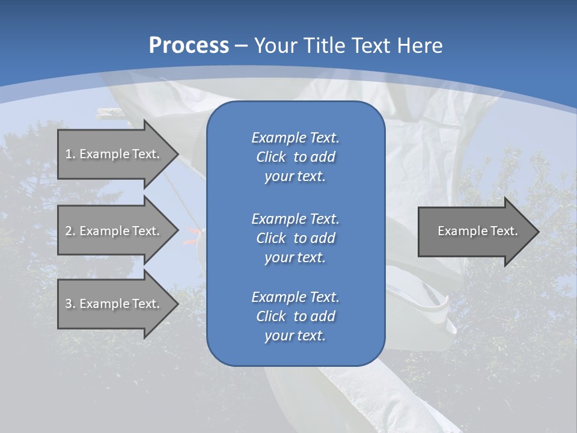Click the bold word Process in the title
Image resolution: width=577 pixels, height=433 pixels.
pyautogui.click(x=189, y=46)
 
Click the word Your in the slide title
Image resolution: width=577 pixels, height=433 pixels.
pyautogui.click(x=276, y=46)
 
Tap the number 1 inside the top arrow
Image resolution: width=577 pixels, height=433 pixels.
pyautogui.click(x=69, y=154)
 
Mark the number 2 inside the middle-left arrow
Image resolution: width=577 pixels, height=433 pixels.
pyautogui.click(x=69, y=231)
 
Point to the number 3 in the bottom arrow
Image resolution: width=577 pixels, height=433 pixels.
pyautogui.click(x=69, y=304)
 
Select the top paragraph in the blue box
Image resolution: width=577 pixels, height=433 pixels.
pyautogui.click(x=295, y=157)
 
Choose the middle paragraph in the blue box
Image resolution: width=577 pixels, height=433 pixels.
pyautogui.click(x=295, y=238)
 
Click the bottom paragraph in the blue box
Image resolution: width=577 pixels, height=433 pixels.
pyautogui.click(x=295, y=316)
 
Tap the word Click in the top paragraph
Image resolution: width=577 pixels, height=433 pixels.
pyautogui.click(x=270, y=157)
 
